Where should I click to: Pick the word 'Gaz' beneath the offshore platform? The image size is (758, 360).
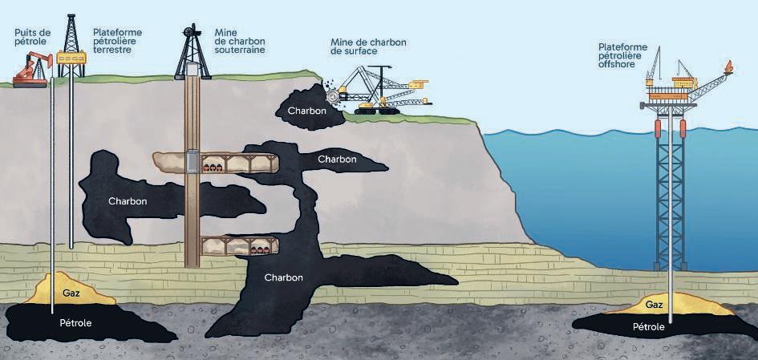[x=653, y=305]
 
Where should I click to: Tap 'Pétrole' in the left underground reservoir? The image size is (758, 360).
[x=76, y=323]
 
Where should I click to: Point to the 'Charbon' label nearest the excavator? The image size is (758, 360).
[x=307, y=111]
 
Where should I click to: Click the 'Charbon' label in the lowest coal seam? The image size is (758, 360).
[x=283, y=278]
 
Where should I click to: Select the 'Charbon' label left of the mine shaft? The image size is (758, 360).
[x=128, y=201]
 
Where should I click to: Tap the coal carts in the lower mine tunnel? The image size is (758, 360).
[x=258, y=250]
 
